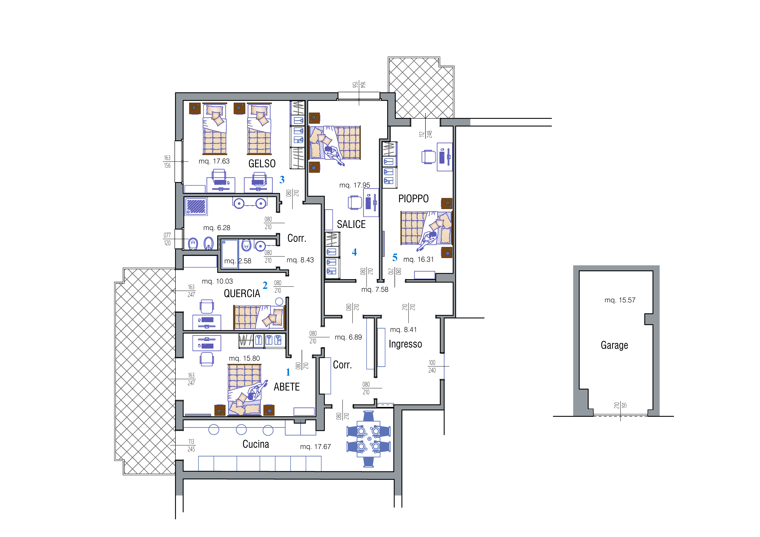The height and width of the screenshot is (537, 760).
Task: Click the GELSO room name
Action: [262, 164]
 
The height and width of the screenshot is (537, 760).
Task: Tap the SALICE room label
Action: [351, 224]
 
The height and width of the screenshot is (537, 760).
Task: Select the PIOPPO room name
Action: [413, 199]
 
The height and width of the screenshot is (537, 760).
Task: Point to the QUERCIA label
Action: [242, 294]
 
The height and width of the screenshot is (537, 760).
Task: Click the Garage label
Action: [614, 345]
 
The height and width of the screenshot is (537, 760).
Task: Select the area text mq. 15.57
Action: [620, 300]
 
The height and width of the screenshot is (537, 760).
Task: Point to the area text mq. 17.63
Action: [214, 161]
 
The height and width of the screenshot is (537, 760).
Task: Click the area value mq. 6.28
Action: [217, 228]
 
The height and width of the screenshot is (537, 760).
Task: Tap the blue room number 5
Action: [395, 257]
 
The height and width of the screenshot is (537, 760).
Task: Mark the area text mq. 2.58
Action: [238, 261]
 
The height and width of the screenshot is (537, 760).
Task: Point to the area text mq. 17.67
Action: [316, 447]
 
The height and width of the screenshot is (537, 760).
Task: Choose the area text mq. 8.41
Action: [404, 330]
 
